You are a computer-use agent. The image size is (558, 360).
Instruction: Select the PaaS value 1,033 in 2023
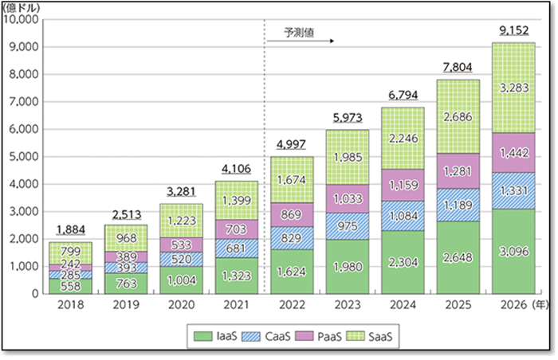tap(348, 198)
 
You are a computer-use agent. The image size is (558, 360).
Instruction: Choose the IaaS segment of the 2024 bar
tap(403, 262)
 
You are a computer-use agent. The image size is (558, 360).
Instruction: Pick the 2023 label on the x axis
tap(348, 303)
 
